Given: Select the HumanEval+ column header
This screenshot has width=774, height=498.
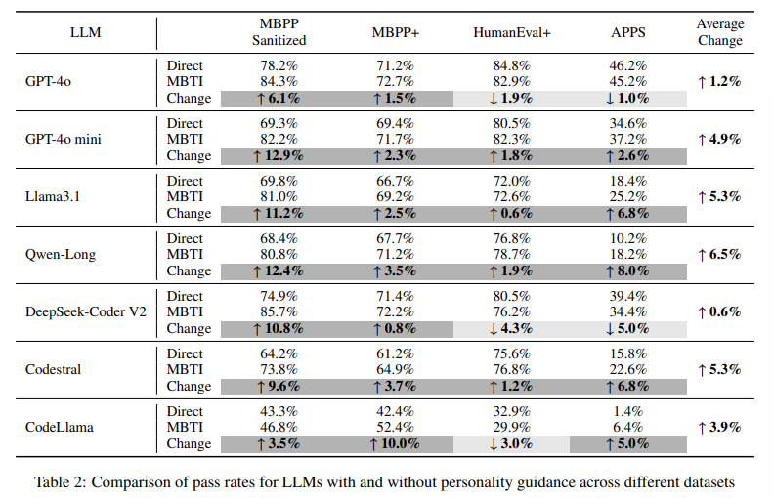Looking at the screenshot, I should tap(511, 32).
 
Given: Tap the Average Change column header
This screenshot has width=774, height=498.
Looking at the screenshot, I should tap(719, 32).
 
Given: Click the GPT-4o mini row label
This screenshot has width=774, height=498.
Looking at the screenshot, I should tap(64, 140).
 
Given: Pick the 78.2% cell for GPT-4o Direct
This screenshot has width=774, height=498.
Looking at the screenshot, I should tap(278, 66).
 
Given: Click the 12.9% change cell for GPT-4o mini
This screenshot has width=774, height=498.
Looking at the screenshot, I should tap(278, 155).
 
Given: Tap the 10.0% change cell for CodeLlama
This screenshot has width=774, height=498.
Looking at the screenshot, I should tap(395, 443).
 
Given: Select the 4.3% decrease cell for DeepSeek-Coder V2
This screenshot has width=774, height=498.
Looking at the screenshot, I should tap(511, 328).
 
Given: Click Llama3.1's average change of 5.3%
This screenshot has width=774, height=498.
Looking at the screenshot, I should tap(719, 197).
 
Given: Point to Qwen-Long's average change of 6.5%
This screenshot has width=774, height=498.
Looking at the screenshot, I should tap(719, 255).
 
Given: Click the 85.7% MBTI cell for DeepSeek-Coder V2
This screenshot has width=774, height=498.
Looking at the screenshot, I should tap(278, 312).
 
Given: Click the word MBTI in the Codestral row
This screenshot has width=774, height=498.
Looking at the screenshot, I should tap(184, 370).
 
